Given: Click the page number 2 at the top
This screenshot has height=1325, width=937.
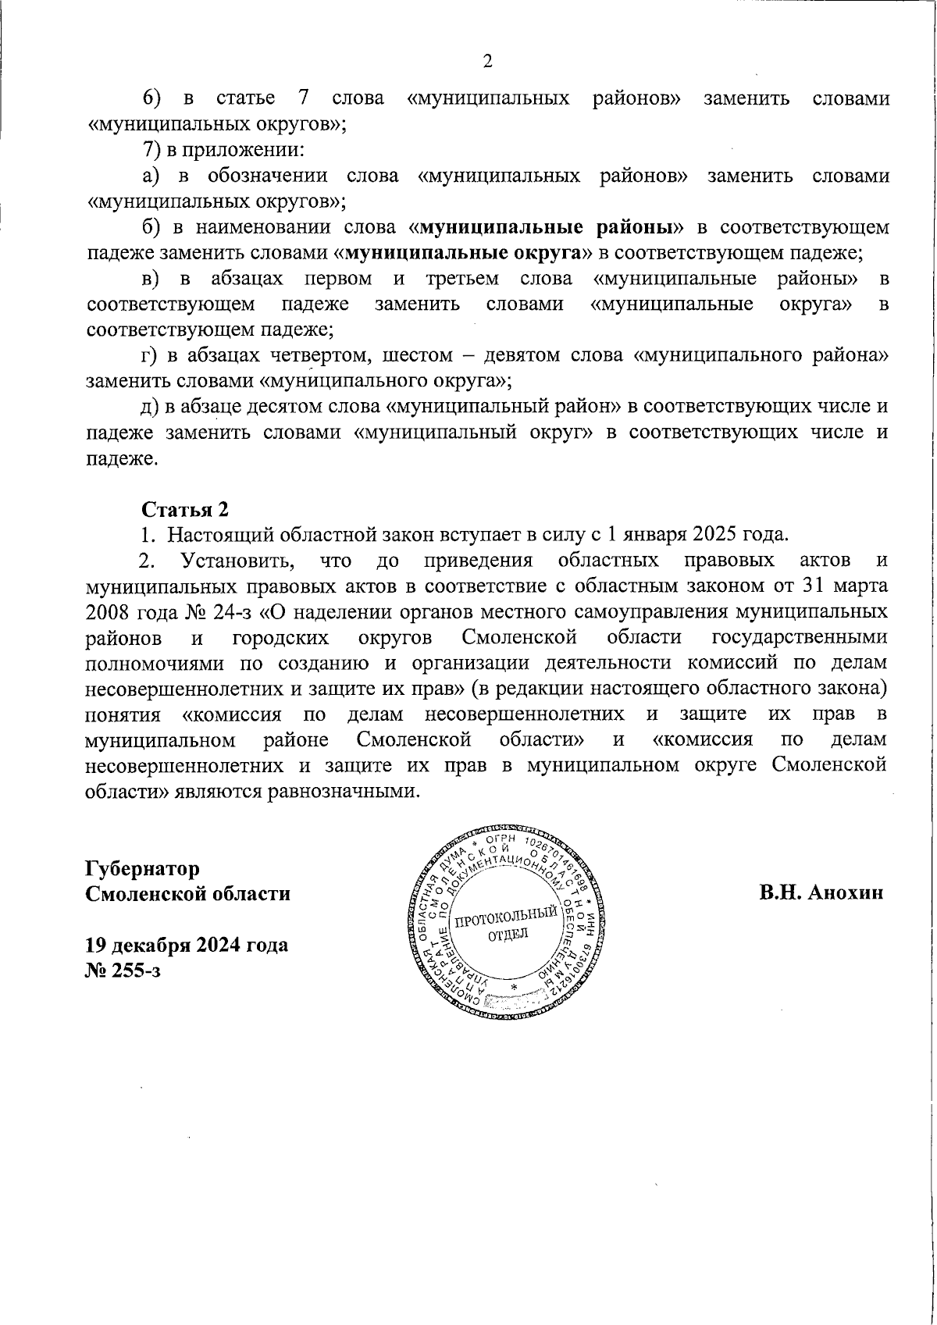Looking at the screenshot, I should point(488,62).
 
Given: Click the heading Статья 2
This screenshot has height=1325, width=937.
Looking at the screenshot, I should point(185,509).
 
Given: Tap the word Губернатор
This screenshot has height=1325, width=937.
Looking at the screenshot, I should point(143,868).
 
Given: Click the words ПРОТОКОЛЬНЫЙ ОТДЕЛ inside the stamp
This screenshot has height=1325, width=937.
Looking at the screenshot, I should point(508,924).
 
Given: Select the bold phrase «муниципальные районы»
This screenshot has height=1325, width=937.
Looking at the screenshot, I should point(546,228).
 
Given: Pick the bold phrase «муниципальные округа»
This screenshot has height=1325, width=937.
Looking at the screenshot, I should point(466,254).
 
